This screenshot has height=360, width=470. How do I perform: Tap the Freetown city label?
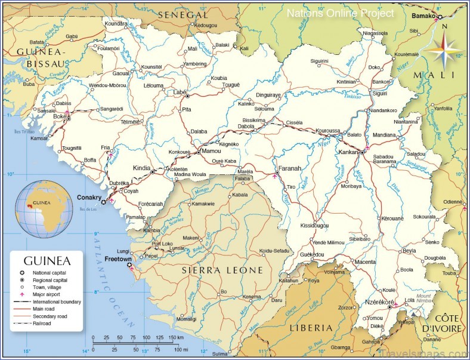(x=117, y=260)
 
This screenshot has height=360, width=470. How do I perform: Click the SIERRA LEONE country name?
(x=222, y=270)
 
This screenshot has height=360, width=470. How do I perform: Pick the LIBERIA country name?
(x=311, y=328)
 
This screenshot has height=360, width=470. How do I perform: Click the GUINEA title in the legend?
(x=47, y=261)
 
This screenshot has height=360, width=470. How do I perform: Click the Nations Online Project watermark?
(x=341, y=13)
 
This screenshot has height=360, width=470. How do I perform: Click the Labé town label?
(x=179, y=93)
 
